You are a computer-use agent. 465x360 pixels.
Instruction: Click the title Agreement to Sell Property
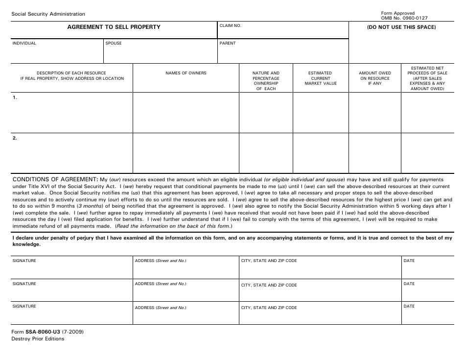[x=114, y=27]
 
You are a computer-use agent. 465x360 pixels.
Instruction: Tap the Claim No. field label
[x=230, y=25]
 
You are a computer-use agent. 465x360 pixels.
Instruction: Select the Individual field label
[x=24, y=43]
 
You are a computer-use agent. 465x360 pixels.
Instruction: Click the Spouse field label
[x=114, y=43]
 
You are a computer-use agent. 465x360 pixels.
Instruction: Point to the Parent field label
[x=228, y=43]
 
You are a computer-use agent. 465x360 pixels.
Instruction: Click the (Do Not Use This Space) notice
[x=401, y=27]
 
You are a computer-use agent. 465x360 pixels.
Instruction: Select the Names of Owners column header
[x=186, y=73]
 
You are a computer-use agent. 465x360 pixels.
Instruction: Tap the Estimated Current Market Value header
[x=321, y=78]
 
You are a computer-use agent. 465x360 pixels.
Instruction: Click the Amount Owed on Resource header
[x=375, y=78]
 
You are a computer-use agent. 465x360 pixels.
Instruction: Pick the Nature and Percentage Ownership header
[x=266, y=81]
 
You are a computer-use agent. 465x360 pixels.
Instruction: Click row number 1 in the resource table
[x=15, y=98]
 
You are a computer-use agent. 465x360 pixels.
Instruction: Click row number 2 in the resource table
[x=15, y=138]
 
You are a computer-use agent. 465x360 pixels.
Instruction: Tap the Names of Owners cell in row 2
[x=186, y=153]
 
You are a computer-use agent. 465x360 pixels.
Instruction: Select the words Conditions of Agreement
[x=55, y=179]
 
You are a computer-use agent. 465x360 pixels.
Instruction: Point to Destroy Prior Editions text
[x=38, y=339]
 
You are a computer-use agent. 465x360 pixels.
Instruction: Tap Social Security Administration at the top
[x=48, y=14]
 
